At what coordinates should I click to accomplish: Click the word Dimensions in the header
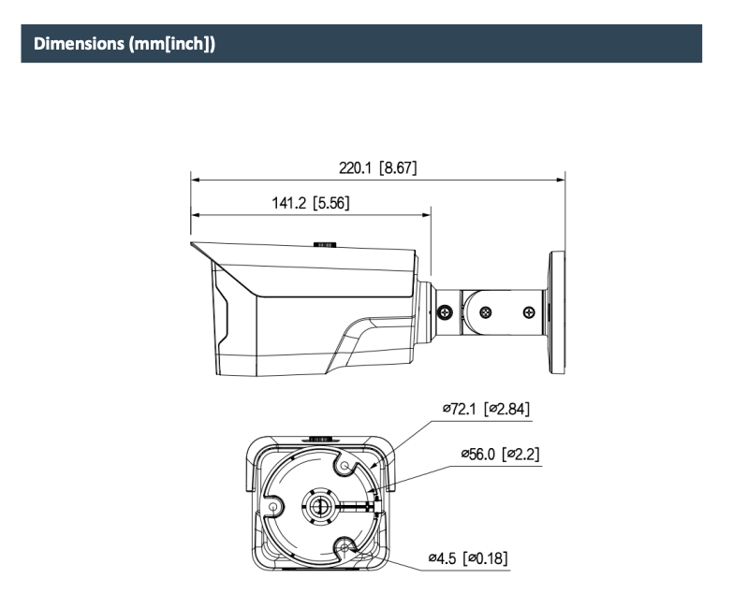pyautogui.click(x=79, y=43)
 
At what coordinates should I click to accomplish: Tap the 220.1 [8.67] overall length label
pyautogui.click(x=377, y=167)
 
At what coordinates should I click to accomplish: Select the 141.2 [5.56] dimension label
pyautogui.click(x=311, y=203)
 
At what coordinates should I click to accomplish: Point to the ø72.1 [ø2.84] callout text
pyautogui.click(x=486, y=409)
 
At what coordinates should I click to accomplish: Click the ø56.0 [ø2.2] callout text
pyautogui.click(x=500, y=454)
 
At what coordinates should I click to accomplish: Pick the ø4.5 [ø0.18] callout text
pyautogui.click(x=468, y=558)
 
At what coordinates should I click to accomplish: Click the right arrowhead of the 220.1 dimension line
pyautogui.click(x=560, y=180)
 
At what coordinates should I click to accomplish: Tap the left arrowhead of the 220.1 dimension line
pyautogui.click(x=196, y=180)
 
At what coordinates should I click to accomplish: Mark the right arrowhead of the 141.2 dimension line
pyautogui.click(x=426, y=215)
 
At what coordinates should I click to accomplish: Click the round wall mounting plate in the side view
pyautogui.click(x=557, y=312)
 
